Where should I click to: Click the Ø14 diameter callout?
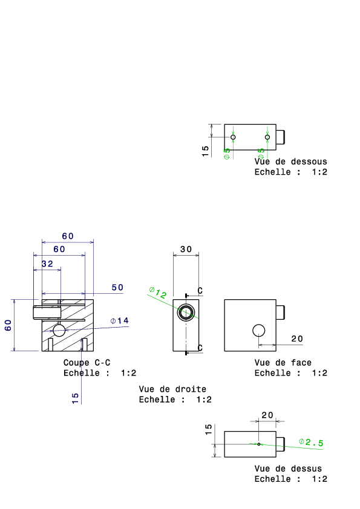coord(120,321)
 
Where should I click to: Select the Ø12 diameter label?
coord(158,293)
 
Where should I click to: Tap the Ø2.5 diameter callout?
coord(311,442)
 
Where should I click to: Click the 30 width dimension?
coord(186,249)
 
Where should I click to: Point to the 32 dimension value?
coord(47,264)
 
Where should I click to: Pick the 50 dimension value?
coord(117,287)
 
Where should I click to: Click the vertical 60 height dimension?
coord(8,325)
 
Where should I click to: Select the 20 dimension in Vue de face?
coord(297,339)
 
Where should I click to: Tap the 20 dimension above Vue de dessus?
coord(267,415)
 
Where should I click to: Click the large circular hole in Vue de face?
coord(258,331)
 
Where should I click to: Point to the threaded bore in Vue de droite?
coord(186,313)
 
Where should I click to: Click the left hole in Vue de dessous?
coord(233,137)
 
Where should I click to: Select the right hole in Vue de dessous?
coord(267,137)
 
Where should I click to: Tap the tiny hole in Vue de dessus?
coord(258,444)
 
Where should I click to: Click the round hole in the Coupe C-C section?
coord(59,330)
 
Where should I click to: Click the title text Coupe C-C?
coord(87,362)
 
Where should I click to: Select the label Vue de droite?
coord(172,389)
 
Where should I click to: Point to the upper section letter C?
coord(200,291)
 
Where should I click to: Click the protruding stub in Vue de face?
coord(280,313)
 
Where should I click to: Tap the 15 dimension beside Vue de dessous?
coord(205,151)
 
